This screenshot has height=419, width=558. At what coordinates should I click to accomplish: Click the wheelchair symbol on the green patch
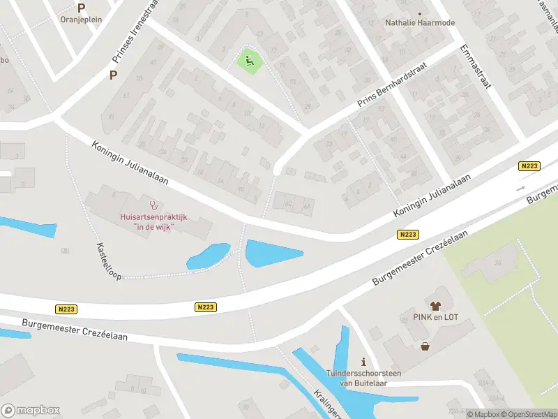click(x=250, y=61)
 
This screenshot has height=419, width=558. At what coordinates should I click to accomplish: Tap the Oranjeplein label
click(x=82, y=20)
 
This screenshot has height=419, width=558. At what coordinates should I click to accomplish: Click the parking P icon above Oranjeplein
click(x=82, y=8)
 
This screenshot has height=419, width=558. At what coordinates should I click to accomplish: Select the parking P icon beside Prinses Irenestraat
click(x=113, y=75)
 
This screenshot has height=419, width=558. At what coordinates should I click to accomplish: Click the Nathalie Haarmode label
click(x=419, y=22)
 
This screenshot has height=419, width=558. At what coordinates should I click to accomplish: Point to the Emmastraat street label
click(x=476, y=66)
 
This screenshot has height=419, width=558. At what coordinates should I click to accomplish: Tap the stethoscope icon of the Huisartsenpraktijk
click(x=153, y=206)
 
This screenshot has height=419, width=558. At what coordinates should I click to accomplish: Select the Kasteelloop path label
click(x=110, y=261)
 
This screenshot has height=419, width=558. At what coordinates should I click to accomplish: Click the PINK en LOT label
click(x=436, y=318)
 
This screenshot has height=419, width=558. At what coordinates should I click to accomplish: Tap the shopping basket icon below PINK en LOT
click(x=425, y=346)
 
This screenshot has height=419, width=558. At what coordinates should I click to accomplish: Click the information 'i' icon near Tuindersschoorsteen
click(x=363, y=362)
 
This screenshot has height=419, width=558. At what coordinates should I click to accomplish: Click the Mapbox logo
click(x=31, y=410)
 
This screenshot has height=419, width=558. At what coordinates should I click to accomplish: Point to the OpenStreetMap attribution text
click(x=528, y=414)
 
